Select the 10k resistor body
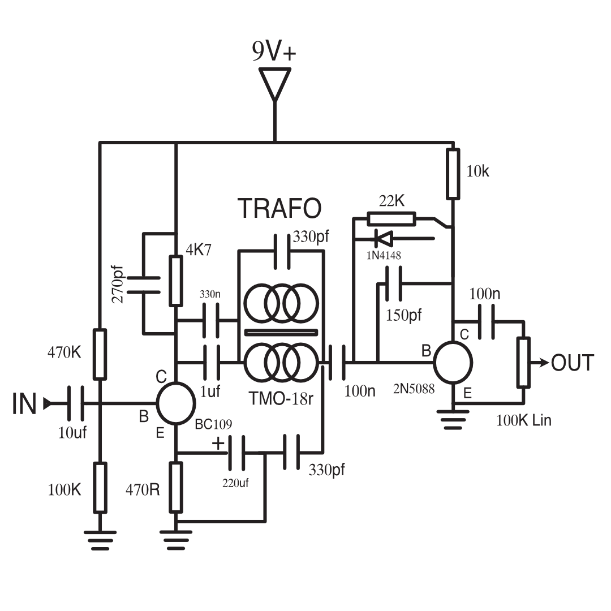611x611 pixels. click(453, 174)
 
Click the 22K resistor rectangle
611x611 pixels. click(391, 218)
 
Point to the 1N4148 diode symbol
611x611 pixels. click(383, 238)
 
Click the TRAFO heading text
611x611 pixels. click(279, 208)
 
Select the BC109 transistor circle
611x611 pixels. click(176, 403)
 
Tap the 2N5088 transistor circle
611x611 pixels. click(453, 363)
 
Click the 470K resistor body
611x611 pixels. click(100, 354)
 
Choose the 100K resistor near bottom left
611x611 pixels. click(100, 488)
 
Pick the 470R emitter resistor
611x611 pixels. click(176, 487)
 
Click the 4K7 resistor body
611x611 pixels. click(176, 281)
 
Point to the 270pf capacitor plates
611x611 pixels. click(143, 285)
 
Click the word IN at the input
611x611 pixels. click(24, 403)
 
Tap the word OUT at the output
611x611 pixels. click(573, 363)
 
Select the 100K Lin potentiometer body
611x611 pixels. click(523, 363)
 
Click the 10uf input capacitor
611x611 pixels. click(75, 403)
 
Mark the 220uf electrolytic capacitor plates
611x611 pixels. click(237, 453)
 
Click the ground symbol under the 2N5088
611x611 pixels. click(453, 419)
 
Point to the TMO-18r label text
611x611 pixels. click(281, 398)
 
